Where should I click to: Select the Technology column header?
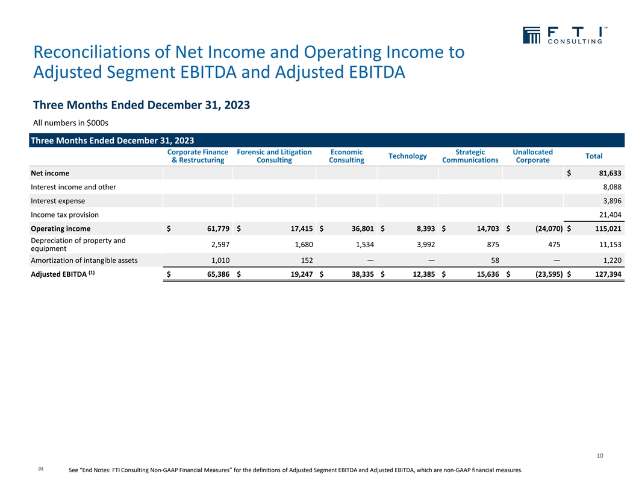(x=408, y=156)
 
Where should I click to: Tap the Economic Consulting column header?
(x=346, y=156)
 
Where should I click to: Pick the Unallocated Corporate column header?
(x=532, y=156)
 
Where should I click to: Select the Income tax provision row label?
(x=64, y=215)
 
